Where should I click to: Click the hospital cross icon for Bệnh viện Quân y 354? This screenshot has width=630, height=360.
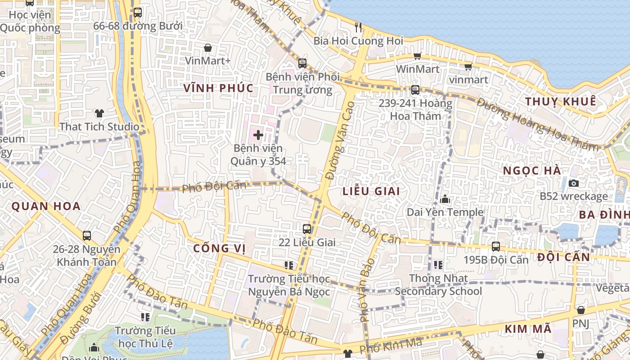(x=258, y=135)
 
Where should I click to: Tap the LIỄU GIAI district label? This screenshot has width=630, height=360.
(x=371, y=191)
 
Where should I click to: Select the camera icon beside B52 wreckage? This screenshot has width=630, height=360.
(x=574, y=183)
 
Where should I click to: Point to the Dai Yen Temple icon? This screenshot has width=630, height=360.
(x=445, y=199)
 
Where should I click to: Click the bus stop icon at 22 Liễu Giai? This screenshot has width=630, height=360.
(x=307, y=229)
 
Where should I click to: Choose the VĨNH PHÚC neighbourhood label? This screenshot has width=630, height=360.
(x=219, y=88)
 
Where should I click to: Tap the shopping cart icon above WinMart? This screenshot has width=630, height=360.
(x=417, y=56)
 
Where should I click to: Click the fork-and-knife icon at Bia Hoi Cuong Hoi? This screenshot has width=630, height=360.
(x=358, y=27)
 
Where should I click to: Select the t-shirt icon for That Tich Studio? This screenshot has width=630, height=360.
(x=99, y=113)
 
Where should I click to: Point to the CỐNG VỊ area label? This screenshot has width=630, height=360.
(x=219, y=248)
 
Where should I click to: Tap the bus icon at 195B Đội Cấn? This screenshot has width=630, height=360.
(x=496, y=246)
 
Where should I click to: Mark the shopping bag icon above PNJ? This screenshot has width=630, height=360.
(x=580, y=310)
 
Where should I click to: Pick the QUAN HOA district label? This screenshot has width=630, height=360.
(x=46, y=207)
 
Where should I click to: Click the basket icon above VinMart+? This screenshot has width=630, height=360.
(x=208, y=47)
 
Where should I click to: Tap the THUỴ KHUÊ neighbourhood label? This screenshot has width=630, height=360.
(x=561, y=101)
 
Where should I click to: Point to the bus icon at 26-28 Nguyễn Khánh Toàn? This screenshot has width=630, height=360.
(x=86, y=235)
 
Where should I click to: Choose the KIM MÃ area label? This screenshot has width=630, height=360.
(x=528, y=329)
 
